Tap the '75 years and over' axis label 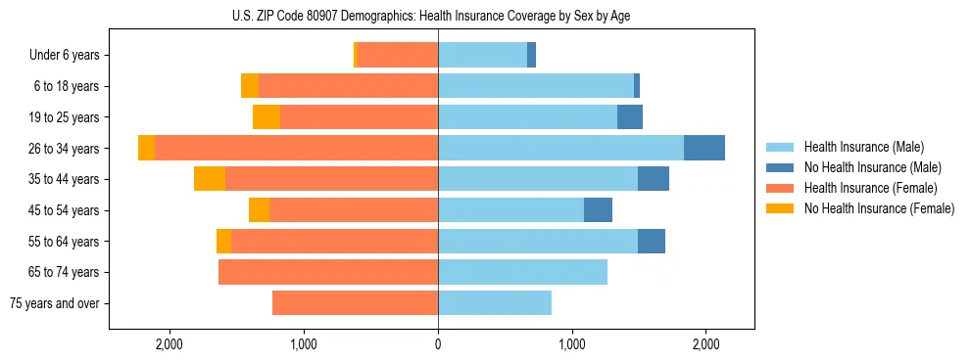(55, 303)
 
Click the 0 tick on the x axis (438, 344)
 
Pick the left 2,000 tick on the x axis (170, 344)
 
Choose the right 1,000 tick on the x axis (572, 344)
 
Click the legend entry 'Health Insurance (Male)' (863, 148)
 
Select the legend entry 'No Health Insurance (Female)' (879, 208)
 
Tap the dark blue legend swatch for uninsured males (780, 167)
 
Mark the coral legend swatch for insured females (780, 188)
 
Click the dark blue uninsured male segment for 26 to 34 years (703, 148)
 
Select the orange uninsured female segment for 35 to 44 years (210, 179)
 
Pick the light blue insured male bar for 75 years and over (495, 303)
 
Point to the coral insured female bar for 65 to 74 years (328, 272)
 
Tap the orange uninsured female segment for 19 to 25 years (267, 117)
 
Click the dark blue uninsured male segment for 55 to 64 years (652, 241)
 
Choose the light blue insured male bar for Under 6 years (482, 56)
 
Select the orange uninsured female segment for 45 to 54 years (259, 210)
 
